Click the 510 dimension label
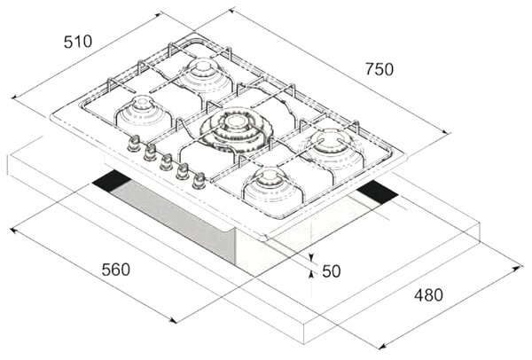(x=78, y=42)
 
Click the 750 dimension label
(x=379, y=69)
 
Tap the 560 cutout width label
(x=115, y=270)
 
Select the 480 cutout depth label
(x=428, y=294)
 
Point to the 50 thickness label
(x=331, y=271)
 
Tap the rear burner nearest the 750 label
(x=205, y=75)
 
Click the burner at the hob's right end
(x=330, y=146)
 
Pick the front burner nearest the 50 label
(x=272, y=186)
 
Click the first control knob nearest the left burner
(x=135, y=144)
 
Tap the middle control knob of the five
(x=167, y=162)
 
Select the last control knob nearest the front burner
(x=199, y=181)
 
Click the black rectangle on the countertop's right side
(x=378, y=192)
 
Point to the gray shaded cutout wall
(x=173, y=217)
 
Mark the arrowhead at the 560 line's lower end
(x=173, y=320)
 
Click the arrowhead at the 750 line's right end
(x=447, y=131)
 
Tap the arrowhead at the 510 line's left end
(x=15, y=97)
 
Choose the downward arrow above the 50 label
(x=311, y=257)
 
